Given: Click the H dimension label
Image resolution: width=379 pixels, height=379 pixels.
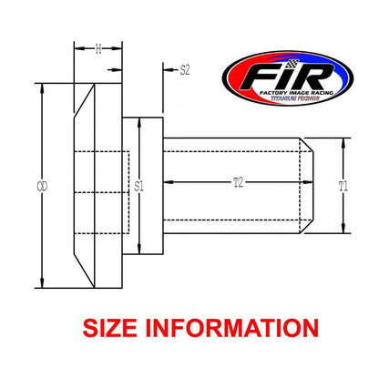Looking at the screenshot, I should pos(97,49).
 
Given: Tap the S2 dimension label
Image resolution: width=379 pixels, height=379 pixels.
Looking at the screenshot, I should pos(184,69).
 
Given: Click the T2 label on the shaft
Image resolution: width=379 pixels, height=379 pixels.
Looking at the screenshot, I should pos(236,182).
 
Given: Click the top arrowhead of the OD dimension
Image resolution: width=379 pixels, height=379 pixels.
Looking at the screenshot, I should pos(43,89).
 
